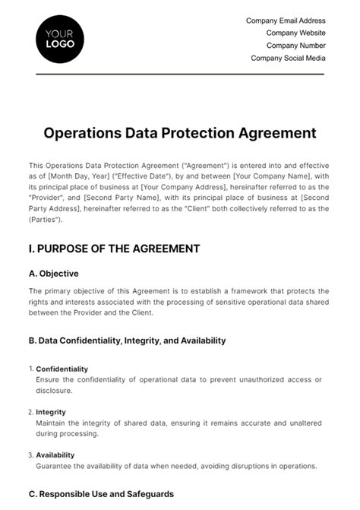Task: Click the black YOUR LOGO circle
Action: tap(60, 38)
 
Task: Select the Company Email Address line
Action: tap(286, 21)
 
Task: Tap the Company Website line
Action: tap(295, 33)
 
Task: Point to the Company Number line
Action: tap(295, 45)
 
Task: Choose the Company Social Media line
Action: tap(288, 58)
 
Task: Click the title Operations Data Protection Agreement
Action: tap(180, 133)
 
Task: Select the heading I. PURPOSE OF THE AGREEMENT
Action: tap(114, 249)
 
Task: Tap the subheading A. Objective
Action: tap(53, 274)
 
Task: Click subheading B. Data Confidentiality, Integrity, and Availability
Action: tap(127, 341)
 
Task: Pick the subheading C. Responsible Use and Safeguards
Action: tap(101, 494)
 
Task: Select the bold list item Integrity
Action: tap(52, 412)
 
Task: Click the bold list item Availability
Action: tap(55, 455)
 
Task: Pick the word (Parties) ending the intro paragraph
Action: tap(46, 220)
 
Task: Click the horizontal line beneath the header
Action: tap(180, 74)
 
